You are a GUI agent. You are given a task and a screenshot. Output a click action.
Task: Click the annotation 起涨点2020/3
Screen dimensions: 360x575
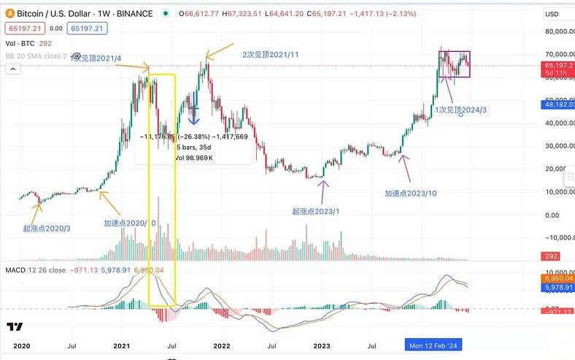click(x=47, y=229)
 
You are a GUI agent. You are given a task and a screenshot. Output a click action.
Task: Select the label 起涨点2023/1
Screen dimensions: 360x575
click(x=316, y=210)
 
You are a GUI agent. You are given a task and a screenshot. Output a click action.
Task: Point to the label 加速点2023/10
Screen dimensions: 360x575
click(x=411, y=194)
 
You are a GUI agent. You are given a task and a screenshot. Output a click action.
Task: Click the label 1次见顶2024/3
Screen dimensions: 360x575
click(x=462, y=109)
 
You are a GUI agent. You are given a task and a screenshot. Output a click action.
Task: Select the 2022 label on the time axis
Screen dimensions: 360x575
click(x=222, y=345)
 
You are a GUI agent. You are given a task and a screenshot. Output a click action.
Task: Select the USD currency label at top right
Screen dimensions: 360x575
click(x=552, y=13)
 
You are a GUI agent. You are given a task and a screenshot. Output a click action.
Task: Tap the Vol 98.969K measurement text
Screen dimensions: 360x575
click(x=193, y=158)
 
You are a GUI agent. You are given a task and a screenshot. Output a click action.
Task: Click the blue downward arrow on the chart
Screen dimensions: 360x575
click(x=194, y=117)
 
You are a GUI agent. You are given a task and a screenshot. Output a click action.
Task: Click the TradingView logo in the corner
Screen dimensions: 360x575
click(x=14, y=326)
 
